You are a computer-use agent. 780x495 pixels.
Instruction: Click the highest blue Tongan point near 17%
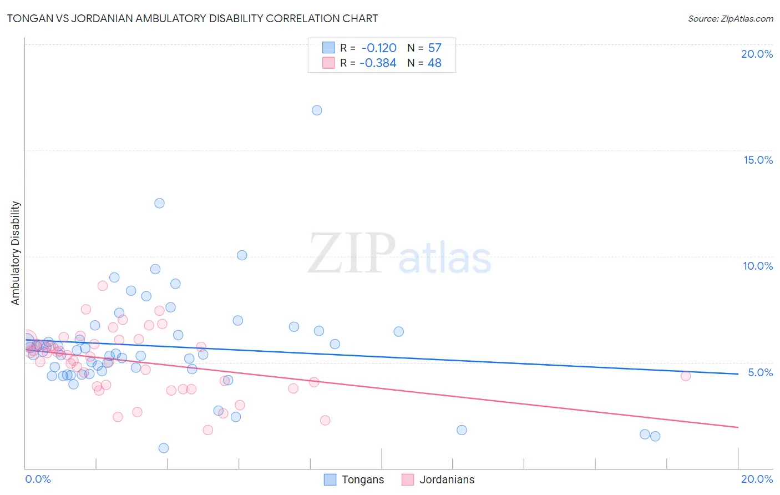(x=317, y=110)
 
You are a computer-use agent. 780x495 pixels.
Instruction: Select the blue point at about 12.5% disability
(x=159, y=203)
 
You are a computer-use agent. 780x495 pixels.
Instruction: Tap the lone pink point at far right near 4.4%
(x=686, y=376)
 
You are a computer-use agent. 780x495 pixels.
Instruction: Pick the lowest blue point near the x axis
(x=164, y=448)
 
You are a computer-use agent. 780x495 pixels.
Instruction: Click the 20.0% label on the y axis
(x=757, y=54)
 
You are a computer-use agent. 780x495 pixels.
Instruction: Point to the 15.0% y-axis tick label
(x=758, y=160)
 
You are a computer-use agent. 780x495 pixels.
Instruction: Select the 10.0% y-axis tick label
(x=758, y=266)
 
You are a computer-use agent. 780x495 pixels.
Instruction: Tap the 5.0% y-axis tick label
(x=760, y=372)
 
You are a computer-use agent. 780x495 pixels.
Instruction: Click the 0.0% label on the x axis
(x=38, y=479)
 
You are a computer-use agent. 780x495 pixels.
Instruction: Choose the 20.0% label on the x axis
(x=757, y=479)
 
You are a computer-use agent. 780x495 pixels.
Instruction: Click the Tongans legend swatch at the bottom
(x=330, y=479)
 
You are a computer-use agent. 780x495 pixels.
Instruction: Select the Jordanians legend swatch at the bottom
(x=408, y=479)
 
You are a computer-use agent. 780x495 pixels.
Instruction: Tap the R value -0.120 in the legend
(x=379, y=48)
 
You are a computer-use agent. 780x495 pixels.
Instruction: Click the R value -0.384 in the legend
(x=378, y=63)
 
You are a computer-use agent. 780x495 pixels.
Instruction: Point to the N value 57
(x=435, y=48)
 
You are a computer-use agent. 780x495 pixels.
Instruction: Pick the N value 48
(x=435, y=63)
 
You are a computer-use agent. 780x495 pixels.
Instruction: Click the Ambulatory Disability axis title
(x=16, y=253)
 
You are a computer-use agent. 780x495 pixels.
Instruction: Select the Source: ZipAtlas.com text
(x=730, y=19)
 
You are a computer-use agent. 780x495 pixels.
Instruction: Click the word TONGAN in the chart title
(x=29, y=19)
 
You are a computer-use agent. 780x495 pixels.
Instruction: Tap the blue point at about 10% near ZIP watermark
(x=242, y=255)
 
